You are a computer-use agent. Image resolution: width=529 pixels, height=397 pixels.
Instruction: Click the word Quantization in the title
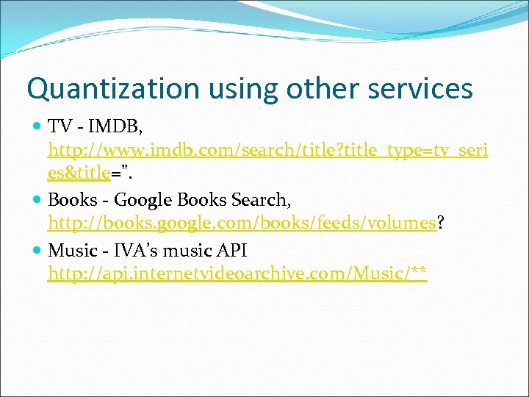pyautogui.click(x=112, y=88)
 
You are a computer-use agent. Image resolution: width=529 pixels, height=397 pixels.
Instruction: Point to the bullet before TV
pyautogui.click(x=38, y=127)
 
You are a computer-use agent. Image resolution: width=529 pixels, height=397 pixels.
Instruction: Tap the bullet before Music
pyautogui.click(x=38, y=251)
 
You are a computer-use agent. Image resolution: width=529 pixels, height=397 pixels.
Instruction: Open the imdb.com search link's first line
pyautogui.click(x=267, y=151)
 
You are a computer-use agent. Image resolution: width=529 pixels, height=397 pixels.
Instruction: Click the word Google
pyautogui.click(x=141, y=199)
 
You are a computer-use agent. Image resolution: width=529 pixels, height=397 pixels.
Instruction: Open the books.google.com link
pyautogui.click(x=242, y=223)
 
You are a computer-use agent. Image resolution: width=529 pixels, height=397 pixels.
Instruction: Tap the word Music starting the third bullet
pyautogui.click(x=72, y=251)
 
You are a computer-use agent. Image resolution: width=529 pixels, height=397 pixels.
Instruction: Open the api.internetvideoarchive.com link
pyautogui.click(x=237, y=274)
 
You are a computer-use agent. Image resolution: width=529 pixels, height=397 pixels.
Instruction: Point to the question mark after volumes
pyautogui.click(x=440, y=223)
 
